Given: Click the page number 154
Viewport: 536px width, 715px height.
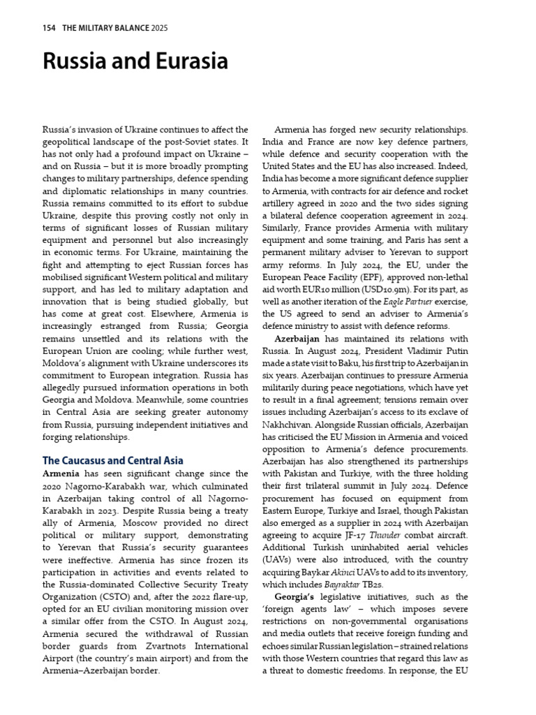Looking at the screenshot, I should pyautogui.click(x=50, y=28).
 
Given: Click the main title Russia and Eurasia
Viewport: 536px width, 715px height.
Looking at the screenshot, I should pyautogui.click(x=135, y=62).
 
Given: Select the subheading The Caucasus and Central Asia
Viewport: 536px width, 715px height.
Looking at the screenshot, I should pyautogui.click(x=113, y=460).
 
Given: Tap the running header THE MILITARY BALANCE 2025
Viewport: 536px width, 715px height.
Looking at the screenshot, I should pyautogui.click(x=114, y=28).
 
